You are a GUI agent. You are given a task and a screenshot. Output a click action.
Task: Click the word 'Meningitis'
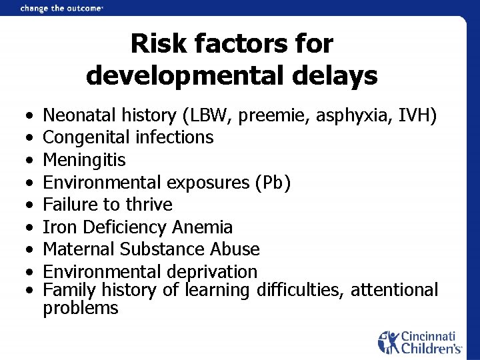pos(84,160)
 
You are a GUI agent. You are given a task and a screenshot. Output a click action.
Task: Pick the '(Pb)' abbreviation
pos(272,182)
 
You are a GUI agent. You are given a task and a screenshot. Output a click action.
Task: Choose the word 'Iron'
pos(59,227)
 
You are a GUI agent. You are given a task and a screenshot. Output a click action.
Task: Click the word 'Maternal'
pos(79,249)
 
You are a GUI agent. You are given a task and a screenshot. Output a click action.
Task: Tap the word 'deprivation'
pos(219,272)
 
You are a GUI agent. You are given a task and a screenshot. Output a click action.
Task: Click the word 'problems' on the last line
pos(81,308)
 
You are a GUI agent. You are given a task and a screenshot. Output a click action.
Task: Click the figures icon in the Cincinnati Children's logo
pos(389,341)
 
